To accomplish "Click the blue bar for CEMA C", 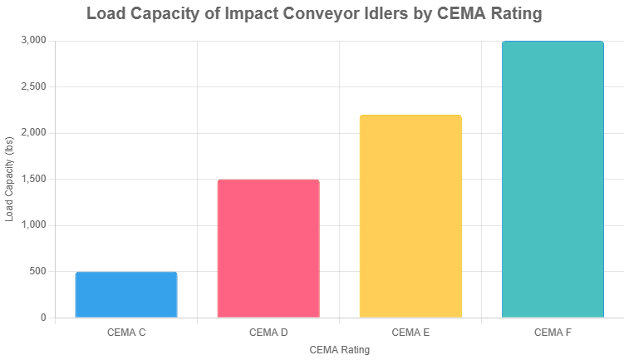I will [126, 294].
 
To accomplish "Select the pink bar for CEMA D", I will [268, 249].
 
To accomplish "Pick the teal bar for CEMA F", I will [553, 179].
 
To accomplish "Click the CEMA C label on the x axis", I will [126, 333].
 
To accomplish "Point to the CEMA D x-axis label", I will [268, 333].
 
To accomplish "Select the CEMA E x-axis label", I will [410, 333].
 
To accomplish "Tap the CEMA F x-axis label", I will [553, 333].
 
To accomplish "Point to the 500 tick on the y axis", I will [37, 271].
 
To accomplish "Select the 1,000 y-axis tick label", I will [33, 225].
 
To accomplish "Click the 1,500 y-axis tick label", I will [33, 179].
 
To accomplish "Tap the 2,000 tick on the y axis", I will [33, 133].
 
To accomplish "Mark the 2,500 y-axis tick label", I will [33, 86].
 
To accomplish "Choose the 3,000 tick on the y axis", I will [33, 41].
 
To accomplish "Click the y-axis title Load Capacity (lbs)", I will [10, 179].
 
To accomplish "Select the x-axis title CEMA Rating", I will [339, 351].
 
